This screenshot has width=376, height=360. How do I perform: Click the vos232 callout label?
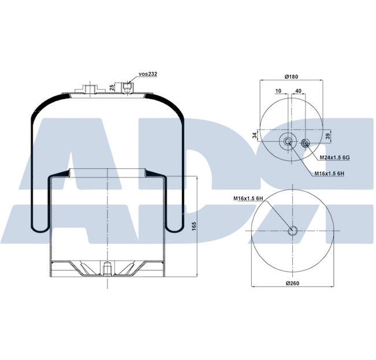[148, 75]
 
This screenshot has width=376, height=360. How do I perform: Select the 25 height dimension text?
[111, 87]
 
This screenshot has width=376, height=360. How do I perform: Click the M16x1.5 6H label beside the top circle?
[329, 173]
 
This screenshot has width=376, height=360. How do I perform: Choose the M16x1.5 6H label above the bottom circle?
[249, 199]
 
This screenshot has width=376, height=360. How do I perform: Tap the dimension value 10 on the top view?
[278, 91]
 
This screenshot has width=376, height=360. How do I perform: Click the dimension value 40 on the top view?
[299, 91]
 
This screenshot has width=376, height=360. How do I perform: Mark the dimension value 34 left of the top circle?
[255, 136]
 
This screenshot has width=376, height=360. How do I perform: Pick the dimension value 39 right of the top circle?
[328, 136]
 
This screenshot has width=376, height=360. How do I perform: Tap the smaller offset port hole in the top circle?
[306, 143]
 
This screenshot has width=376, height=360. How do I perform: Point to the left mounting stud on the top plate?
[90, 88]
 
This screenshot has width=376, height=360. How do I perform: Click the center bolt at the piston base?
[108, 270]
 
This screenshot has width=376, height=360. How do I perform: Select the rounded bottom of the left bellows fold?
[39, 228]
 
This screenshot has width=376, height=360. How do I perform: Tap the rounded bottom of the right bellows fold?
[176, 228]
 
